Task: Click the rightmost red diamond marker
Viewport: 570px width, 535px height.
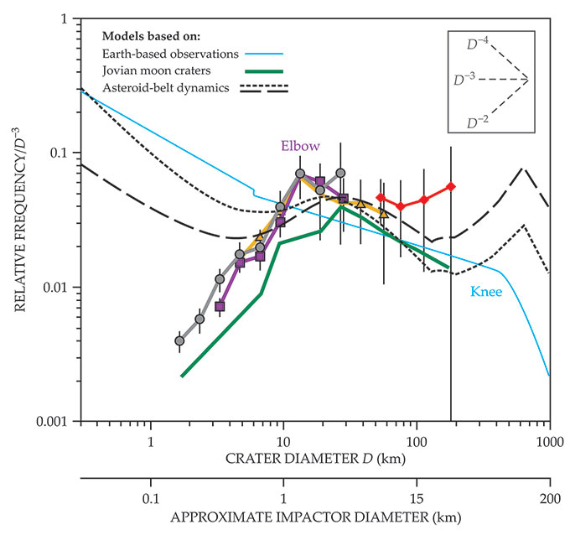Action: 451,186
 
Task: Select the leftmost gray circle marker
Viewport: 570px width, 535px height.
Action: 179,340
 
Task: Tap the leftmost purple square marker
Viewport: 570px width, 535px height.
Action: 220,307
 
